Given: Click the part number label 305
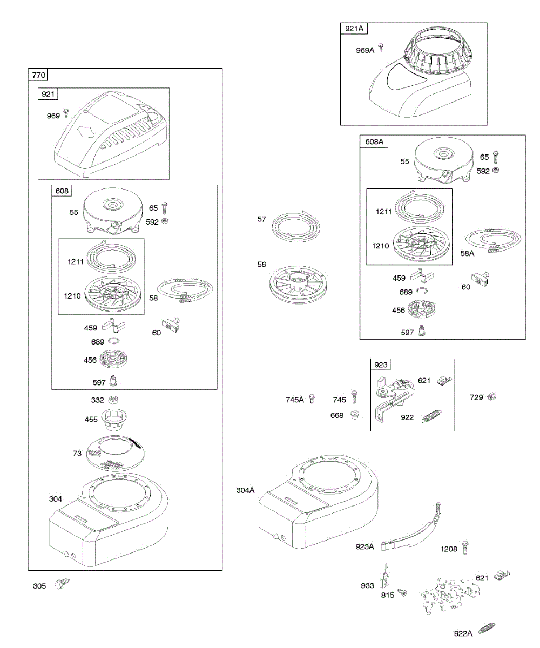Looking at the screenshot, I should click(x=40, y=586).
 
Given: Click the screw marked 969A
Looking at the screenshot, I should click(x=381, y=48).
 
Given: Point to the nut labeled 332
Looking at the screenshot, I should click(x=113, y=400).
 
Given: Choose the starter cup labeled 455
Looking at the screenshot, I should click(x=113, y=418).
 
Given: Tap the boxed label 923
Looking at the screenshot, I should click(x=381, y=365).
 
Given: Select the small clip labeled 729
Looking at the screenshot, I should click(x=491, y=397).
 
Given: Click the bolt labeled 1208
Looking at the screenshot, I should click(x=465, y=548).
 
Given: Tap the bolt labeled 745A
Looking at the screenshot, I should click(x=312, y=399).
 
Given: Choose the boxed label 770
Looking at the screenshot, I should click(x=39, y=75).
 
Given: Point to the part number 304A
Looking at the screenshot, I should click(x=246, y=490).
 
